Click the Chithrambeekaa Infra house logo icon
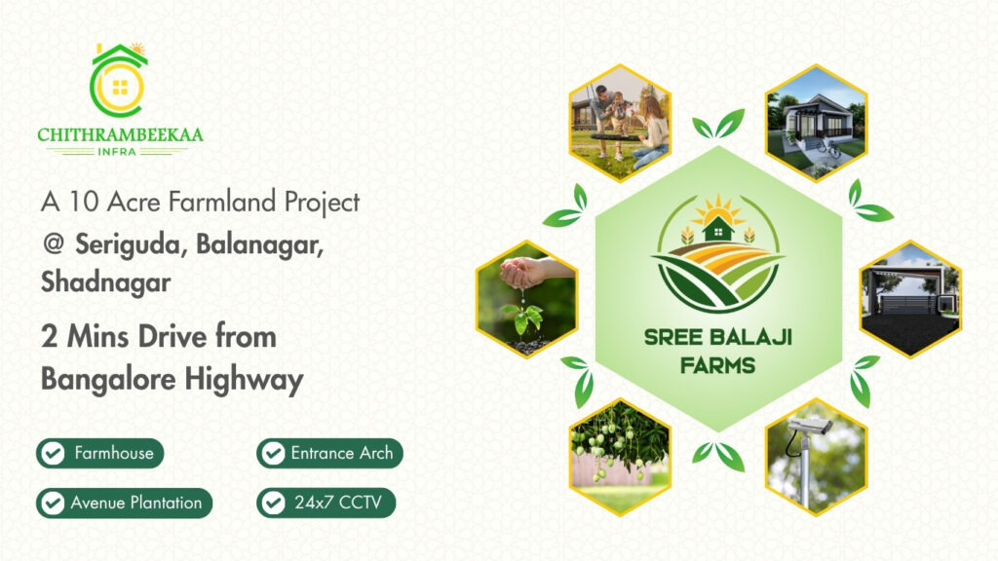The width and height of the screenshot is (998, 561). coord(119,80)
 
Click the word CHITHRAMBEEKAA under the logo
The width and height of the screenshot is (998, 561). coord(120,134)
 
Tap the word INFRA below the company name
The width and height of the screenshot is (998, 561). coord(117,151)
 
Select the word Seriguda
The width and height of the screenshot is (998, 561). coord(127,244)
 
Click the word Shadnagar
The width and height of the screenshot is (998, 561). coord(105,281)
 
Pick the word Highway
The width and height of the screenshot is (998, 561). coord(244,380)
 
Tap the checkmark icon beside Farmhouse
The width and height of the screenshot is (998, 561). coord(53,454)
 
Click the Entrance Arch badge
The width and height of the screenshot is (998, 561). coord(329,454)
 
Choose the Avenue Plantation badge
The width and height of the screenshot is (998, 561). coord(124,504)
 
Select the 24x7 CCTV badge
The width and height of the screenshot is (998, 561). coord(326,504)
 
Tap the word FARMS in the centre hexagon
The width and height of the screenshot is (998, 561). coord(718,366)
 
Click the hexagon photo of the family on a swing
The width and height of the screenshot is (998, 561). coord(620,123)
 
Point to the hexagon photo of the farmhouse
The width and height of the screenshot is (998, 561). coord(817,123)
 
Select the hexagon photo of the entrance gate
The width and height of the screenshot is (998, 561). coord(910,299)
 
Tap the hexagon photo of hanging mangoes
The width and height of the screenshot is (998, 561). coord(620,457)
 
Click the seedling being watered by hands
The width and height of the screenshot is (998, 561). coord(523,318)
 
